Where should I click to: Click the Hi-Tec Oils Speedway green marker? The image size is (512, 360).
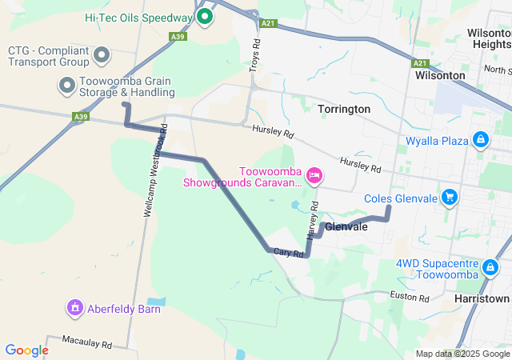pyautogui.click(x=205, y=16)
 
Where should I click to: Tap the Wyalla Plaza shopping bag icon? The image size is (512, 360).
pyautogui.click(x=480, y=140)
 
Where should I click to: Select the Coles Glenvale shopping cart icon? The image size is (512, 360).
pyautogui.click(x=450, y=196)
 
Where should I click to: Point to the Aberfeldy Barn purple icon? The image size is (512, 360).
pyautogui.click(x=75, y=306)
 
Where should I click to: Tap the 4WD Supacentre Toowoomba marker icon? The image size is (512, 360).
pyautogui.click(x=490, y=266)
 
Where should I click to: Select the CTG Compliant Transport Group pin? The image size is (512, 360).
pyautogui.click(x=102, y=55)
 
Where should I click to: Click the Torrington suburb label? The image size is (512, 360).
pyautogui.click(x=344, y=109)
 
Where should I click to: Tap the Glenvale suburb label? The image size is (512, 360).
pyautogui.click(x=346, y=227)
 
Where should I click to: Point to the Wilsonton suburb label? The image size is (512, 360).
pyautogui.click(x=440, y=75)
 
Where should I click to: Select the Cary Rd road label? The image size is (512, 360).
pyautogui.click(x=288, y=253)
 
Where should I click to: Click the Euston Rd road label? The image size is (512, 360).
pyautogui.click(x=410, y=297)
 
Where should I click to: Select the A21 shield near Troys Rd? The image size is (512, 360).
pyautogui.click(x=268, y=23)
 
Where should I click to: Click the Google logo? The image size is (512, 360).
pyautogui.click(x=26, y=350)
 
